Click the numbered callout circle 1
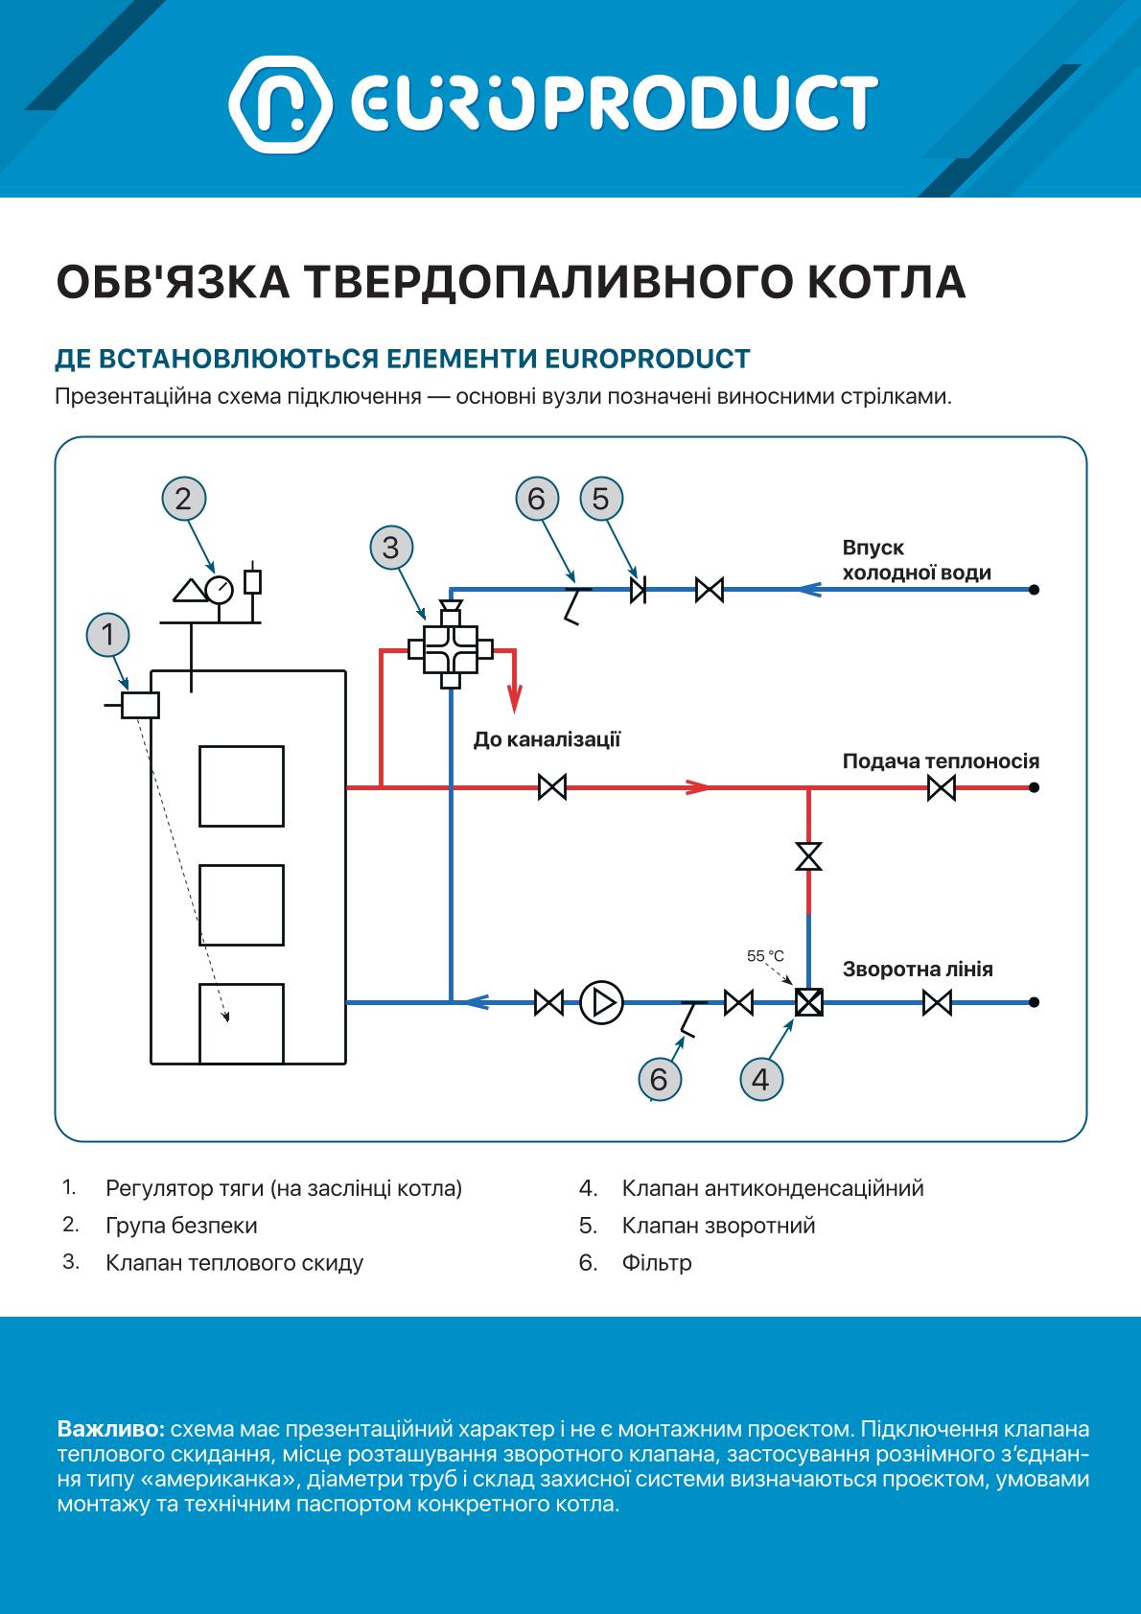pos(108,635)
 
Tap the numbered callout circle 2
pos(184,499)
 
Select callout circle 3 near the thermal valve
pos(391,548)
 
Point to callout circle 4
pos(761,1080)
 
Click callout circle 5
pos(601,499)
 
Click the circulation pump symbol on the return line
pos(601,1002)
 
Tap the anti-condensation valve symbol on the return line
pos(809,1002)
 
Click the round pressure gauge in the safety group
pos(219,590)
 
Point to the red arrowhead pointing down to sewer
pos(514,698)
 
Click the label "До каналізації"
pos(547,740)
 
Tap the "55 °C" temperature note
pos(765,955)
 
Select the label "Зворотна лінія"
pos(918,970)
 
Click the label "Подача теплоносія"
pos(941,760)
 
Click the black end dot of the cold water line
pos(1034,590)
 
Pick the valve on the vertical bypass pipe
pos(809,856)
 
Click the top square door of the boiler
pos(242,786)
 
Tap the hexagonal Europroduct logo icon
pos(281,105)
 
